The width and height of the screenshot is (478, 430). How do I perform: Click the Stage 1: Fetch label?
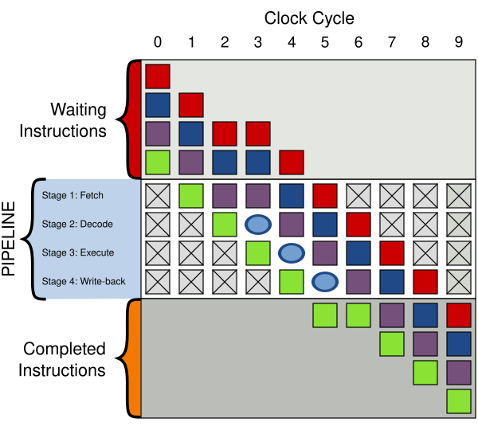[x=72, y=195]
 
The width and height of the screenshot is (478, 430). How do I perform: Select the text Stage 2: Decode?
[x=77, y=224]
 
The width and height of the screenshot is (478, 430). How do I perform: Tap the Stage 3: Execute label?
[x=78, y=252]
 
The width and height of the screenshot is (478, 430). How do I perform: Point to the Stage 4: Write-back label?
[x=83, y=281]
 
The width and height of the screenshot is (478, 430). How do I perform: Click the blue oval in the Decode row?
[x=257, y=225]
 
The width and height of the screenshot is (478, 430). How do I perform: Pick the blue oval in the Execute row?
[x=291, y=253]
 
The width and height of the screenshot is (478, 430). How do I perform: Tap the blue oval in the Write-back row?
[x=324, y=282]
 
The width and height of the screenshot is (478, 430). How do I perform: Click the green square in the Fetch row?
[x=190, y=196]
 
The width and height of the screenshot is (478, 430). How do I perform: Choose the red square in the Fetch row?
[x=324, y=196]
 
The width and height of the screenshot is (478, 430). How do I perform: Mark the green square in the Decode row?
[x=224, y=225]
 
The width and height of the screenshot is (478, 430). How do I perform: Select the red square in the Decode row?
[x=358, y=225]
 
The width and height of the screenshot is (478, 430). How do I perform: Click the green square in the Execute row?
[x=257, y=253]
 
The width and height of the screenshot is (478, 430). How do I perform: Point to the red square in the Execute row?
[x=391, y=253]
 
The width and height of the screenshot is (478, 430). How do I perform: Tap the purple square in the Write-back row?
[x=358, y=282]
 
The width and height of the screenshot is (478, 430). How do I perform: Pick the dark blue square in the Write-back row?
[x=391, y=282]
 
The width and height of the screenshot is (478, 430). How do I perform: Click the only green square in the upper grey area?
[x=158, y=162]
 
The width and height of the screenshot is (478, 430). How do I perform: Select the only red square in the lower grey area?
[x=458, y=315]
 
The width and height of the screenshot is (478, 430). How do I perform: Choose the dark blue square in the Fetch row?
[x=291, y=196]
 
